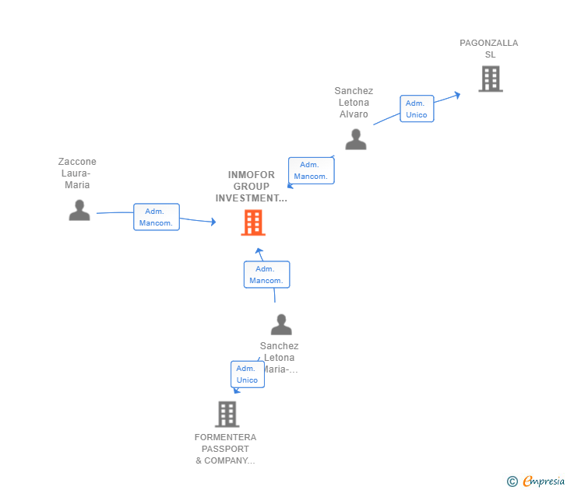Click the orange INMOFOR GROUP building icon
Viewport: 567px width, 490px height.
252,222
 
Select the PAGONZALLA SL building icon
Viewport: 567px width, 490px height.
490,79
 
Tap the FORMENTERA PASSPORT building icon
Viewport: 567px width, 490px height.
227,414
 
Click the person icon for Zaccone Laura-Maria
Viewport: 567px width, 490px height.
79,210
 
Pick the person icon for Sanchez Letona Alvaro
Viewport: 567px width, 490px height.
355,139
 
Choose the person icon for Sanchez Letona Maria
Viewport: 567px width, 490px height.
280,324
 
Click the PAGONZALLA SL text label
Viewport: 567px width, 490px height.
488,49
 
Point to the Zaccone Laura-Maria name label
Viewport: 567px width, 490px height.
77,173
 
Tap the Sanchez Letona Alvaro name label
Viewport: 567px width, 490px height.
354,103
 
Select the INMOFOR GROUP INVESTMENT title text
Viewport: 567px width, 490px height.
251,187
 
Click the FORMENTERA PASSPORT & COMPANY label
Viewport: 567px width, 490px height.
225,449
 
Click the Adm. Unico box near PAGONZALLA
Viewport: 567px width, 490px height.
417,109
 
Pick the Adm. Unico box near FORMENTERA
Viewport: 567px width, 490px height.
247,374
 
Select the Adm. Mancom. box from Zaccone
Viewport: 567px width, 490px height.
156,217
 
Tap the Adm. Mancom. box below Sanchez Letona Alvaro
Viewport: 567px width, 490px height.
311,170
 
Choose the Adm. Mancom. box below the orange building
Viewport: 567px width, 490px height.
266,275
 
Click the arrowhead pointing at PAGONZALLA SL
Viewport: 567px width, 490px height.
457,95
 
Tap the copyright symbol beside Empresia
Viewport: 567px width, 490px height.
512,481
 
